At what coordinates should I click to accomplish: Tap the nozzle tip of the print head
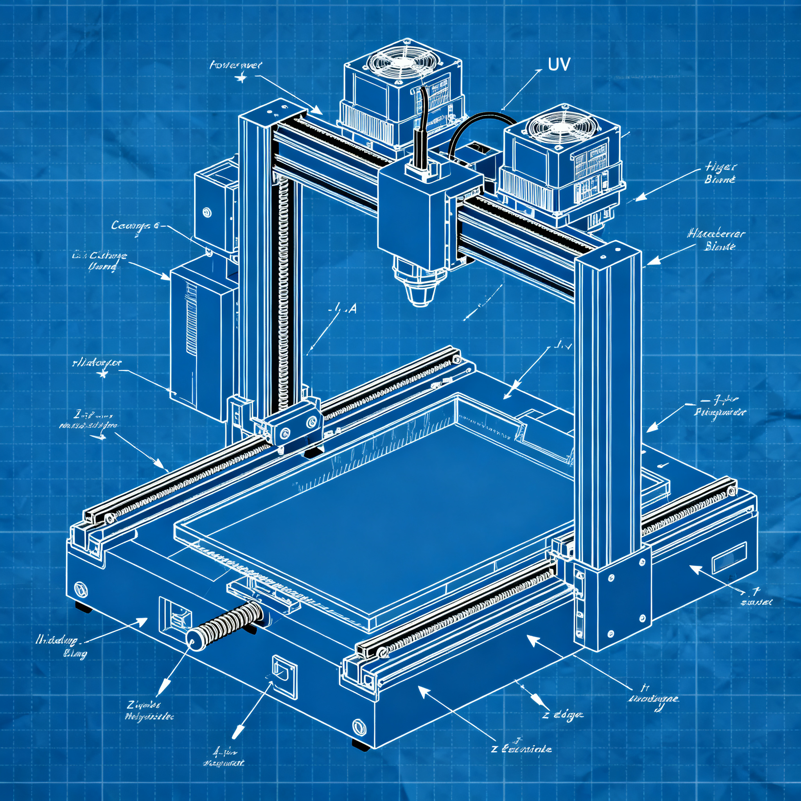(420, 303)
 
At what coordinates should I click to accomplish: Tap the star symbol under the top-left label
(241, 77)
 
